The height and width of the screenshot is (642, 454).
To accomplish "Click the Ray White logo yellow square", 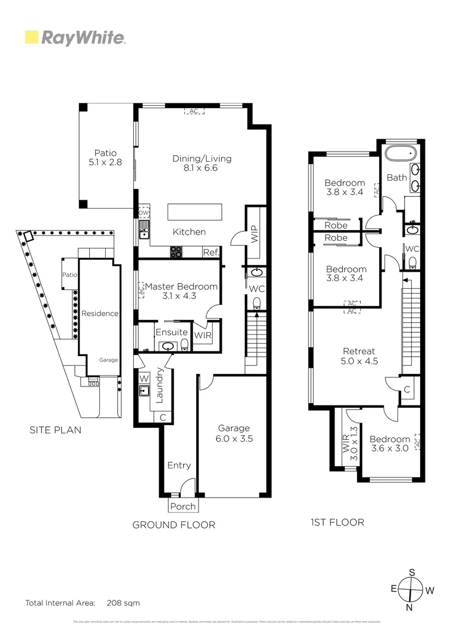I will [x=31, y=37].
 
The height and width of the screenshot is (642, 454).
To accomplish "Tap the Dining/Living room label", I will [x=202, y=163].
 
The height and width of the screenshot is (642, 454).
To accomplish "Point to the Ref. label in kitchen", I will [x=211, y=253].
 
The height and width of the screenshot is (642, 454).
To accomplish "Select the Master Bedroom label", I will [x=181, y=291].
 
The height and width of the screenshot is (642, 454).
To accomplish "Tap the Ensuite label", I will [x=172, y=332].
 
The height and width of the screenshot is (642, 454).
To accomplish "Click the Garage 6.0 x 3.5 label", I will [x=234, y=433].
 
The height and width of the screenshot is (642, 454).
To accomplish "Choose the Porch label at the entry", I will [x=183, y=506].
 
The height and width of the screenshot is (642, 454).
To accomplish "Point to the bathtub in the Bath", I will [x=398, y=153].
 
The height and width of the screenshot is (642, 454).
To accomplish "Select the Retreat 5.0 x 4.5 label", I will [x=359, y=356].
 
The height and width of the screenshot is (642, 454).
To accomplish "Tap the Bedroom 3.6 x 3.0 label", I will [x=389, y=444].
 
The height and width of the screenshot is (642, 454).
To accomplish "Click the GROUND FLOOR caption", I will [x=174, y=525].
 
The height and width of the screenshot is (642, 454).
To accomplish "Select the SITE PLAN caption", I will [x=55, y=430].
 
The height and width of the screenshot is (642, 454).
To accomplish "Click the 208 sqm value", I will [x=124, y=603].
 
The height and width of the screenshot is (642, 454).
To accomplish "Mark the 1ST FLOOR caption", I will [x=338, y=523].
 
